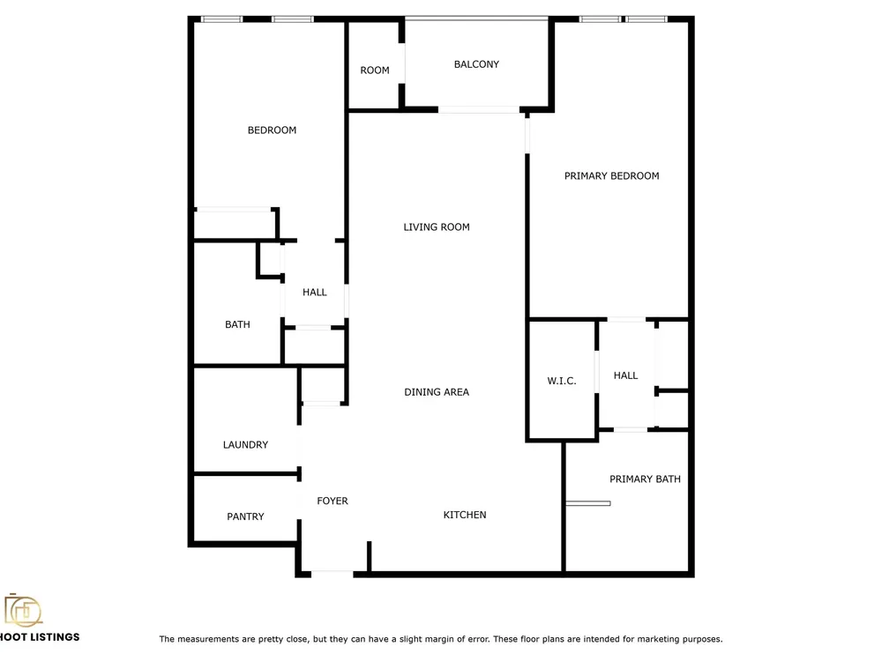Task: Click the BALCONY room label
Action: pos(476,64)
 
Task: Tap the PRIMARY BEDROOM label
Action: pos(611,176)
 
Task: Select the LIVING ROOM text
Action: pos(437,227)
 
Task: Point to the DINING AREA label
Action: pos(437,392)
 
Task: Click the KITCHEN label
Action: pos(465,515)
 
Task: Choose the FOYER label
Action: pos(333,501)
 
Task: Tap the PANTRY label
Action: pos(245,516)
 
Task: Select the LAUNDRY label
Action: pos(245,444)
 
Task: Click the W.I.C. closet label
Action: pos(561,381)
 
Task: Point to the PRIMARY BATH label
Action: pos(646,479)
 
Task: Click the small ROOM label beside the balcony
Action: pos(375,71)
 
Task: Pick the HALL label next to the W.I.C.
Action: pos(625,375)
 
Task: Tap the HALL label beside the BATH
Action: pos(315,293)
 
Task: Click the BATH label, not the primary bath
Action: pos(237,324)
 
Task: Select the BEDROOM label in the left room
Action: pos(272,130)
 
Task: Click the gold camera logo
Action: pos(23,611)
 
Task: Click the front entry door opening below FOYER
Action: pos(332,574)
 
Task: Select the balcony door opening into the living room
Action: pos(479,109)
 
